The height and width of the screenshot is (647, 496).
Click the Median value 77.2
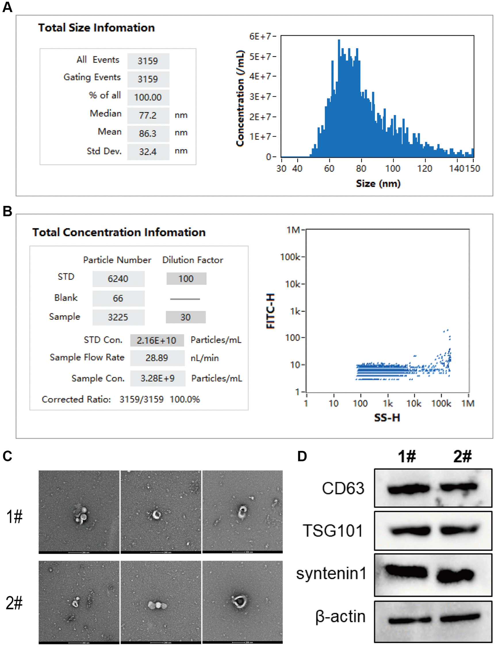coord(148,115)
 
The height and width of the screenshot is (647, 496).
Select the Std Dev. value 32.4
coord(148,152)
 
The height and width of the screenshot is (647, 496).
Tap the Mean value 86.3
coord(148,133)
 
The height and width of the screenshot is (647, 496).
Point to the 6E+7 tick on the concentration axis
coord(261,36)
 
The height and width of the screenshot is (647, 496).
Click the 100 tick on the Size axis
coord(393,168)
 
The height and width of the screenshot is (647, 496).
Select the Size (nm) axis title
coord(378,183)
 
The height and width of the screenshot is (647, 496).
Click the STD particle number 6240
coord(118,278)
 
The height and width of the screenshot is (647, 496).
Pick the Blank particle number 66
coord(118,298)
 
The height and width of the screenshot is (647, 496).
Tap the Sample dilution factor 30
coord(185,317)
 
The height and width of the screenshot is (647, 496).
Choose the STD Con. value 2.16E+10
coord(157,340)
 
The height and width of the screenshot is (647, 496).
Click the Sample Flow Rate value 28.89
coord(157,358)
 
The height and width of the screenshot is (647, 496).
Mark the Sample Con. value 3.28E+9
coord(157,378)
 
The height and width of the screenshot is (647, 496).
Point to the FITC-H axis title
coord(271,311)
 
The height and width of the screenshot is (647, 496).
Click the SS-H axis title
coord(387,418)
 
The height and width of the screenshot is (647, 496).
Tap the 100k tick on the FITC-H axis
coord(290,257)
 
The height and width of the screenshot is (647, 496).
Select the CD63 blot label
coord(343,488)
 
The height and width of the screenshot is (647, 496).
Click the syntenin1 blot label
coord(331,573)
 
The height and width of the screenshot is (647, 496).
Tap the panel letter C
coord(7,456)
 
